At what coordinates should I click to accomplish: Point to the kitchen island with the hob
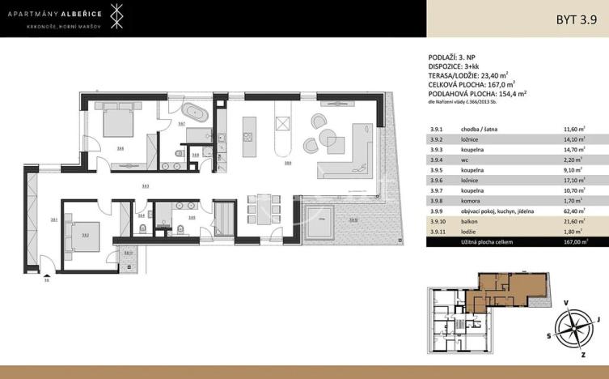click(x=249, y=134)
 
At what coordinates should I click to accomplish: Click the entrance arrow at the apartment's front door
click(x=46, y=273)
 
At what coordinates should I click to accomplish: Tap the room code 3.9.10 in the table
click(x=439, y=220)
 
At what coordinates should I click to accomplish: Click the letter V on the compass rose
click(x=565, y=302)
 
